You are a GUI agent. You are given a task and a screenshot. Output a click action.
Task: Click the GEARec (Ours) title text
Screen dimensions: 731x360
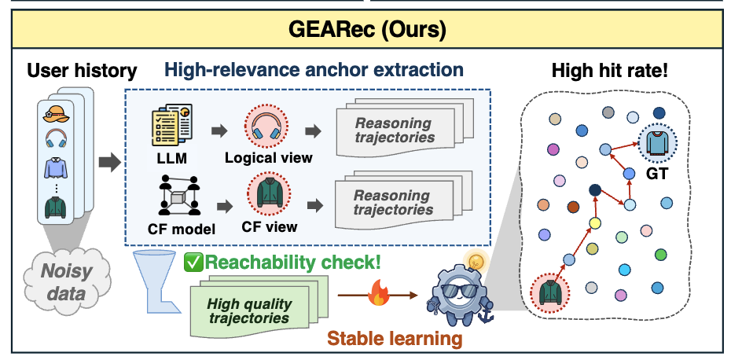coord(367,29)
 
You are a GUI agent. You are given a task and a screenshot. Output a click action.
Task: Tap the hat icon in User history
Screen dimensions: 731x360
coord(57,113)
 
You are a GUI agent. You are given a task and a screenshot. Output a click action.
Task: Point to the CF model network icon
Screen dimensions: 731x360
coord(179,195)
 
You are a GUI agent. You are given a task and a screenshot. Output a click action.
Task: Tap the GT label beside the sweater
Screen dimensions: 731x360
coord(657,174)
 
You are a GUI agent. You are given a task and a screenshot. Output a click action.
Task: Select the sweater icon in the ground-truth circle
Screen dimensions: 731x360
coord(658,144)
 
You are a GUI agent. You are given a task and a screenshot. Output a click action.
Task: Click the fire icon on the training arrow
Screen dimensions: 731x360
coord(379,294)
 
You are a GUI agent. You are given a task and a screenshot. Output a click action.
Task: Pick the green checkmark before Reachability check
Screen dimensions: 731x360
coord(193,262)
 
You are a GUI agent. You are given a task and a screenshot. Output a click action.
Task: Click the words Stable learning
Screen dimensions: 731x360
coord(395,339)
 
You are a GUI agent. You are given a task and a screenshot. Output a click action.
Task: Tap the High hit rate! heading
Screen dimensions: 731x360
coord(610,71)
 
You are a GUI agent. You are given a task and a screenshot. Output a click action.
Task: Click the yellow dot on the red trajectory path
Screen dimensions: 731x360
coord(594,223)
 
